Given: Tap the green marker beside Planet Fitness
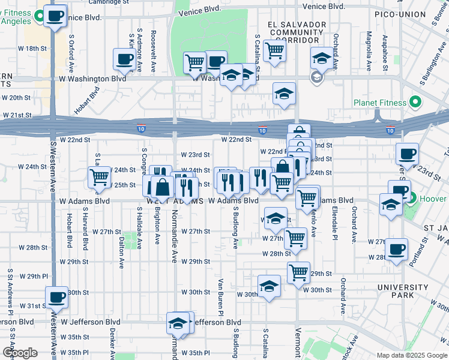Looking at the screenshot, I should tap(414, 103).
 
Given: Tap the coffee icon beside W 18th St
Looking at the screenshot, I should tap(125, 59).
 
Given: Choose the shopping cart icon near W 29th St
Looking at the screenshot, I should tap(298, 272).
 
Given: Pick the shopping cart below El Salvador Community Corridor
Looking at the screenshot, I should tap(274, 50).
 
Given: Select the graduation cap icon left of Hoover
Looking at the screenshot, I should tap(391, 203).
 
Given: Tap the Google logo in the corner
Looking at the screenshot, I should tap(20, 353).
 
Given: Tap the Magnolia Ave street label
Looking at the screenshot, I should tap(367, 52).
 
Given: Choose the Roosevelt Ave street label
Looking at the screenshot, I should tap(154, 44).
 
